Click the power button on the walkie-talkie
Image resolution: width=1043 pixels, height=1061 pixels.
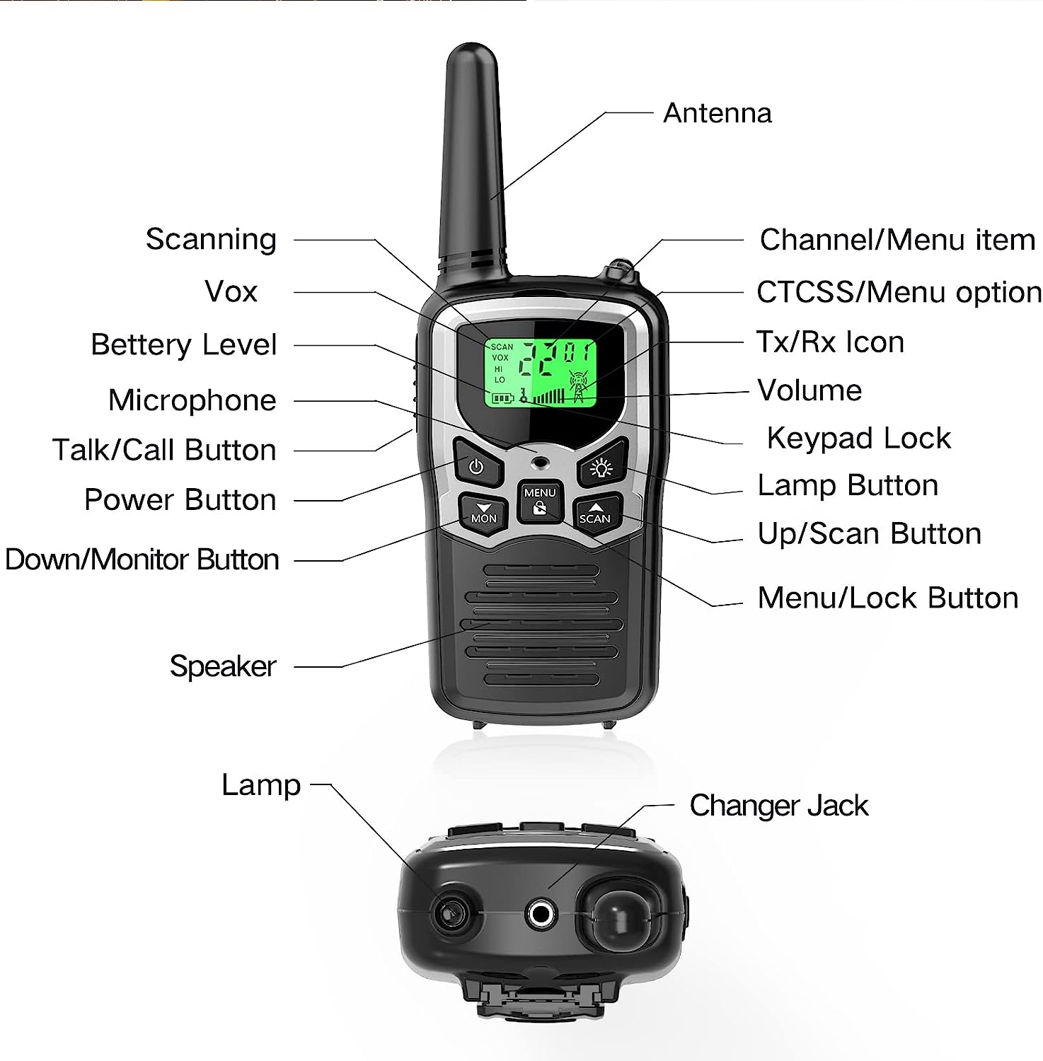pos(476,467)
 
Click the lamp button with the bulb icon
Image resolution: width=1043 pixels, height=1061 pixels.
pos(602,467)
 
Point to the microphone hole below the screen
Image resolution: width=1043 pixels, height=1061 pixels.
pos(541,463)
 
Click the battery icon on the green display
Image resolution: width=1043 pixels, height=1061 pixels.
pos(502,399)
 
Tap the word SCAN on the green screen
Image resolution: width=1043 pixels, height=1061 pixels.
pos(502,347)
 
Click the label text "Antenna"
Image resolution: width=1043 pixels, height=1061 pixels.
pos(717,113)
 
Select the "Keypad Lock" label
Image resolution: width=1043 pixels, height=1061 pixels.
pos(858,439)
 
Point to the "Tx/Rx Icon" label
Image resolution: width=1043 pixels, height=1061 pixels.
pos(830,342)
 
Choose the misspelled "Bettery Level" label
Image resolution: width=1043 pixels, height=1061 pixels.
pos(183,345)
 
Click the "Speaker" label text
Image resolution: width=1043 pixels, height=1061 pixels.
pos(223,666)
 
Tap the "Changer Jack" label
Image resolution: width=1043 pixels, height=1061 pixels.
pos(778,806)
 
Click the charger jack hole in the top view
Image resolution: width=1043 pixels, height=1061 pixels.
pos(541,915)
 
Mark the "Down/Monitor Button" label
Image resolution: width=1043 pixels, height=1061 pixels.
pos(142,560)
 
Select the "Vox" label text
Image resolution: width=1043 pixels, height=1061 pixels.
pos(231,291)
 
